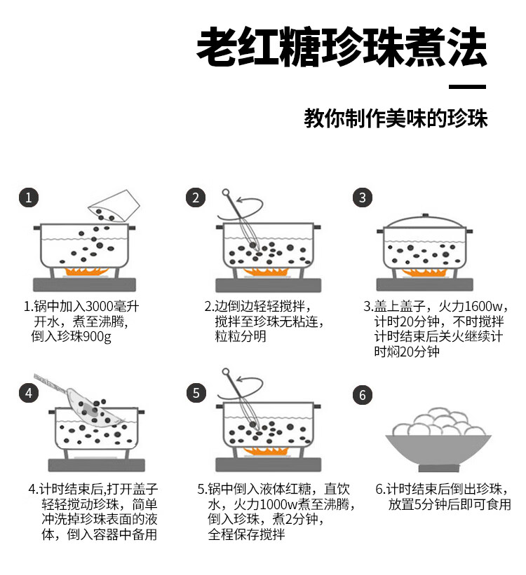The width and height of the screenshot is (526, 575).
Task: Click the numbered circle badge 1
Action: (x=29, y=198)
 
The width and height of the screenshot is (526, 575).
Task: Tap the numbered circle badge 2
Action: (x=196, y=198)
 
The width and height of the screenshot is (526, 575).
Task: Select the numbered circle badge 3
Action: (x=362, y=198)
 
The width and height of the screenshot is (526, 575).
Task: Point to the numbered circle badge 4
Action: (x=29, y=393)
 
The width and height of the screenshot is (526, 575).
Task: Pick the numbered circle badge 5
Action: (x=196, y=393)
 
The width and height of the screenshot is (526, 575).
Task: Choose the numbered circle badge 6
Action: (x=362, y=395)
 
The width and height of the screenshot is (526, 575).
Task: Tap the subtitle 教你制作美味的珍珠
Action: (x=396, y=118)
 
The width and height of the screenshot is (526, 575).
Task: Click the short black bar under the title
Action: (x=468, y=87)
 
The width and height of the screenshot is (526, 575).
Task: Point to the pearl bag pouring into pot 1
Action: (x=114, y=207)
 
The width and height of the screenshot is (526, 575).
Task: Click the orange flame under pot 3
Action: (x=424, y=272)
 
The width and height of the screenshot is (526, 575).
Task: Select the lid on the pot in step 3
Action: (x=425, y=221)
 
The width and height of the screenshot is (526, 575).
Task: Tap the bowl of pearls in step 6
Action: (x=438, y=439)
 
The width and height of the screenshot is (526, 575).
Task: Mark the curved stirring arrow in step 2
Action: (x=241, y=209)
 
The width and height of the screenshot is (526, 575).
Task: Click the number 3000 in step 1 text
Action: (x=100, y=306)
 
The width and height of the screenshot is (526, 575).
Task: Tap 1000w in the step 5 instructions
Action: (x=278, y=504)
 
